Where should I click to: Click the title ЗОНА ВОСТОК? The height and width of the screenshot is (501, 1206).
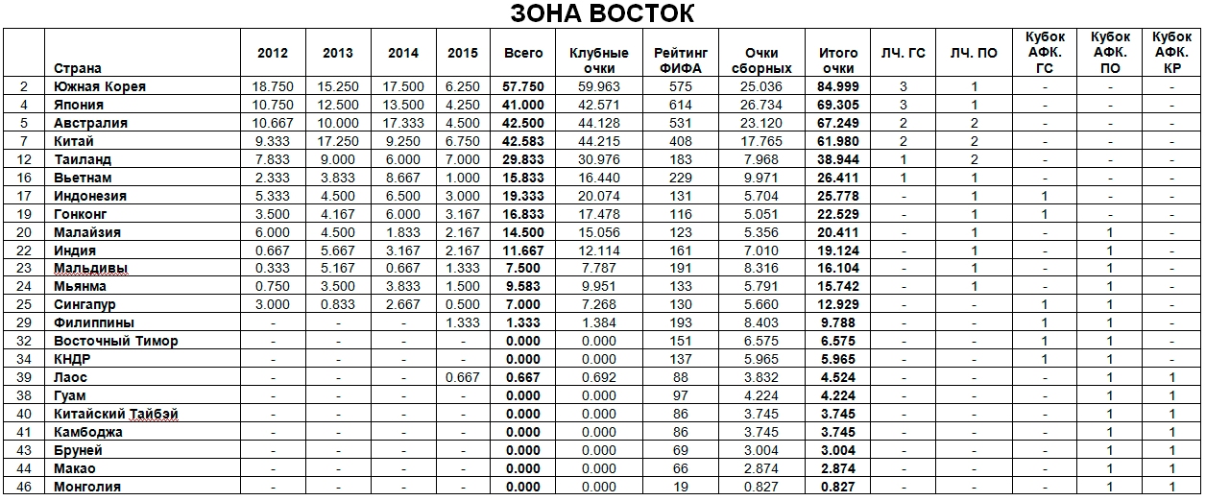[602, 13]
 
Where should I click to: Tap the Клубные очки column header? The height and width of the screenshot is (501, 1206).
[598, 60]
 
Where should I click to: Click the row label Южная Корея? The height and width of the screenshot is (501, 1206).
[100, 86]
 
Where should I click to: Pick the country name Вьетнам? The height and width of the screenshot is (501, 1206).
[83, 178]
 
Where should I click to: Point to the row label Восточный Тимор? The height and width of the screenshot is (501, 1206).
[116, 341]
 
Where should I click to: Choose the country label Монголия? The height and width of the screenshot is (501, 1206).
[87, 487]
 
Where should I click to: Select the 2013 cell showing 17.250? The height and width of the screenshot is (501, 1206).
[338, 141]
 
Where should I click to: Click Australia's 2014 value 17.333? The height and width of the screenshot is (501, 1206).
[403, 123]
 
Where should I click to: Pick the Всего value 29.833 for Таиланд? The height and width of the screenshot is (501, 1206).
[522, 159]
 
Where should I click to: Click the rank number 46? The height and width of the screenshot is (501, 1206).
[25, 487]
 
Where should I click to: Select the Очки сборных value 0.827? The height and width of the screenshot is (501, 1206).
[760, 487]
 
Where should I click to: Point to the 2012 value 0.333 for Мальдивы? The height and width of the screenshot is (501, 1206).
[273, 268]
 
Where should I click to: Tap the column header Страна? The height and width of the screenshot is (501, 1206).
[78, 68]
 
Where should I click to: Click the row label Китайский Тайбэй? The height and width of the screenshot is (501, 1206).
[116, 414]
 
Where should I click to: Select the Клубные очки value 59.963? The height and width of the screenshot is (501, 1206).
[598, 86]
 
